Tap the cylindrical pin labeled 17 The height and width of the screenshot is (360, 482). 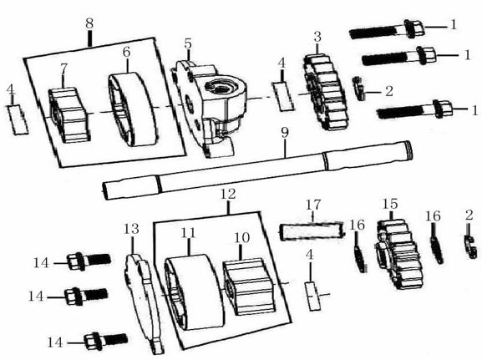tap(310, 231)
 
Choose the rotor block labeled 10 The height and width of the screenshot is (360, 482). tap(250, 285)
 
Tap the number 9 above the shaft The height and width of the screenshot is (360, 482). tap(284, 132)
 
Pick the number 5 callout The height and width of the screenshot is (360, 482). tap(188, 43)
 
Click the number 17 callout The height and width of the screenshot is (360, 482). tap(312, 204)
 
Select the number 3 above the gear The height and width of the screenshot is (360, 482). tap(317, 37)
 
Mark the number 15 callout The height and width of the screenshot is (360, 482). tap(389, 204)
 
